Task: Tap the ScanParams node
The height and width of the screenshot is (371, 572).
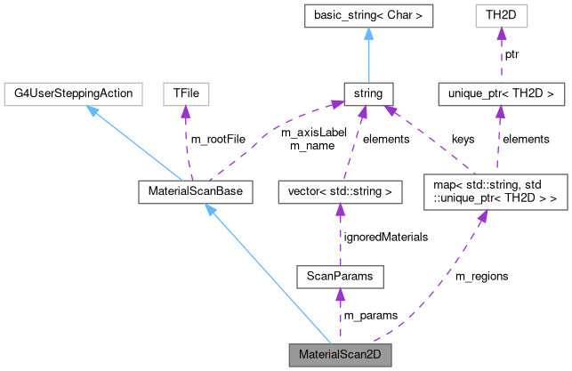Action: (338, 277)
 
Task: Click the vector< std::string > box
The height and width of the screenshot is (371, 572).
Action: (339, 191)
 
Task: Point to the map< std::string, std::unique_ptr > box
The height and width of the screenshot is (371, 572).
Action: (495, 191)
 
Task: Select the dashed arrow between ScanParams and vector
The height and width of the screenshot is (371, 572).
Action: (338, 235)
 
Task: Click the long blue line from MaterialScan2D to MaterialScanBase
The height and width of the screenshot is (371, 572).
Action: (267, 275)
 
